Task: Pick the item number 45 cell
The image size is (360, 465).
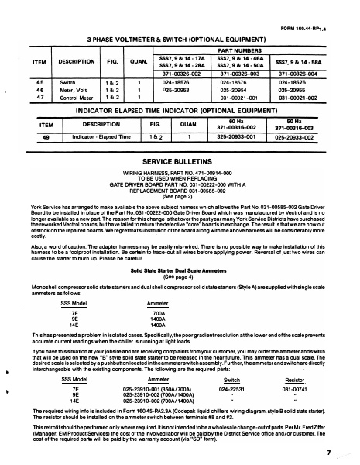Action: (x=40, y=80)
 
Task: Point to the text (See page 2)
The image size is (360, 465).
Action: (x=180, y=196)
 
